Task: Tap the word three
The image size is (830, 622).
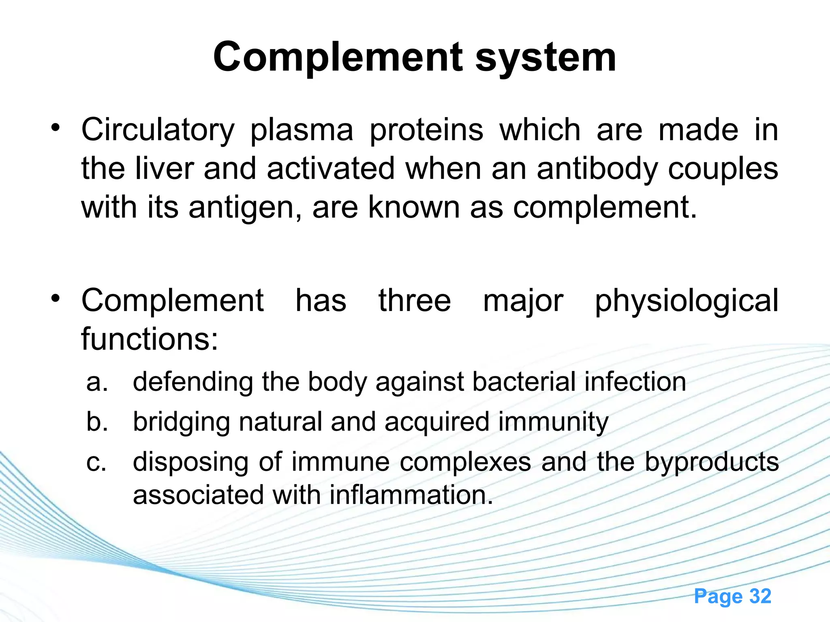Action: click(x=414, y=301)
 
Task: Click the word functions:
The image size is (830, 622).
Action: click(x=150, y=339)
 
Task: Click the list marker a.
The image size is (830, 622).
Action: click(x=97, y=382)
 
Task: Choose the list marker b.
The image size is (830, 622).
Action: click(x=97, y=422)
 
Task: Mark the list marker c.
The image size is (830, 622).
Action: click(x=96, y=462)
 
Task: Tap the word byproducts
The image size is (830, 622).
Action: click(x=712, y=462)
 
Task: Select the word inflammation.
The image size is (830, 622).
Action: click(x=411, y=495)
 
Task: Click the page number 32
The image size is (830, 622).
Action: click(x=760, y=596)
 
